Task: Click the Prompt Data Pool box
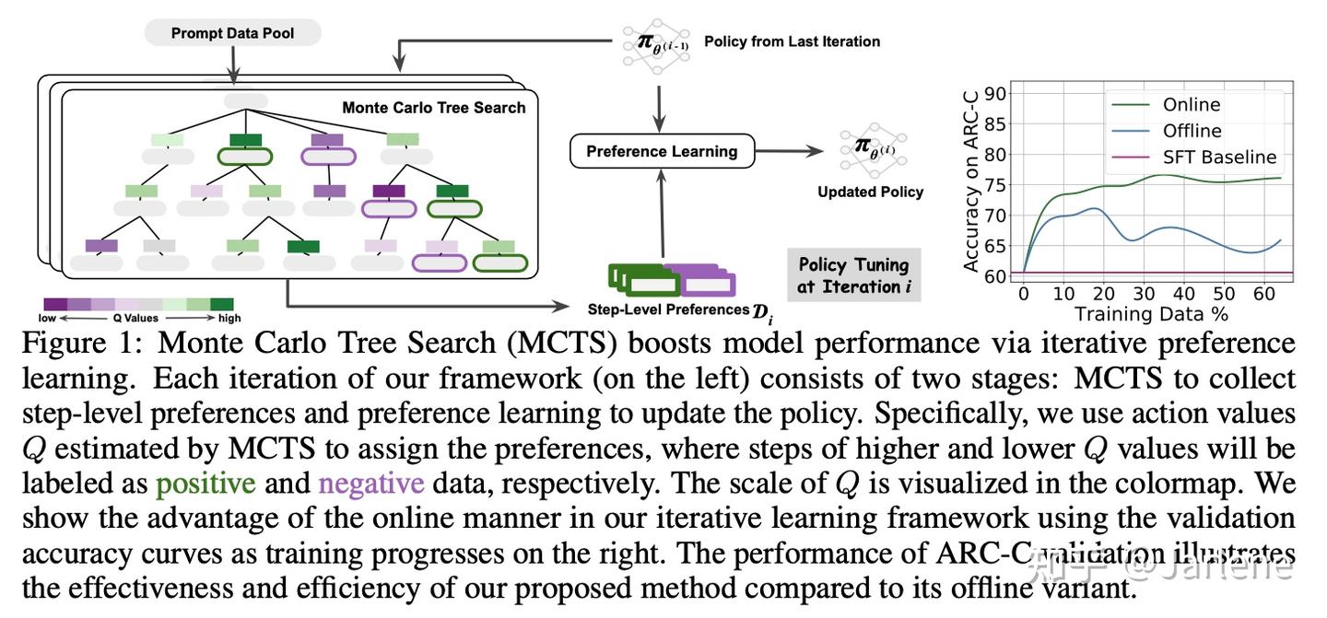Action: [232, 34]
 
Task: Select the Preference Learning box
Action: [662, 151]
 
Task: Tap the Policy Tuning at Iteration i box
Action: [852, 275]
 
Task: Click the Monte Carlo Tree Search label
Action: [433, 108]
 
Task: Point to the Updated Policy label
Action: [870, 192]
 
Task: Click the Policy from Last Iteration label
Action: [791, 41]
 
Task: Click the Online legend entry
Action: [1191, 105]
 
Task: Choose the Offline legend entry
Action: [1192, 131]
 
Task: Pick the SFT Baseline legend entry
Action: [1219, 157]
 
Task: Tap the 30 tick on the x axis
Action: [1143, 294]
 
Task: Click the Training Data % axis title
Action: [1151, 314]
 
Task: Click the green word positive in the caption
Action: [206, 483]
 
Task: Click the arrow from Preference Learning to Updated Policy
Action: [792, 151]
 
